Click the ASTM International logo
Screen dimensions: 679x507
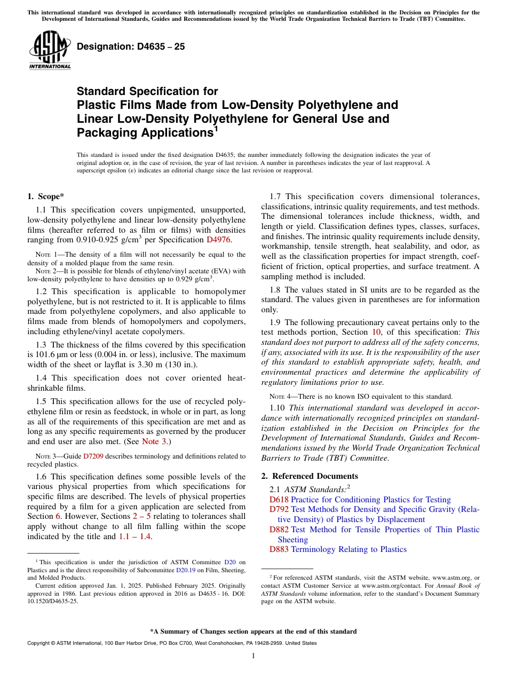pos(50,51)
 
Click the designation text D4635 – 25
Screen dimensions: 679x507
pos(131,47)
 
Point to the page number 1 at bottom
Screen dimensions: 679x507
pos(253,656)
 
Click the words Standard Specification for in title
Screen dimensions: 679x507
pos(147,91)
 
